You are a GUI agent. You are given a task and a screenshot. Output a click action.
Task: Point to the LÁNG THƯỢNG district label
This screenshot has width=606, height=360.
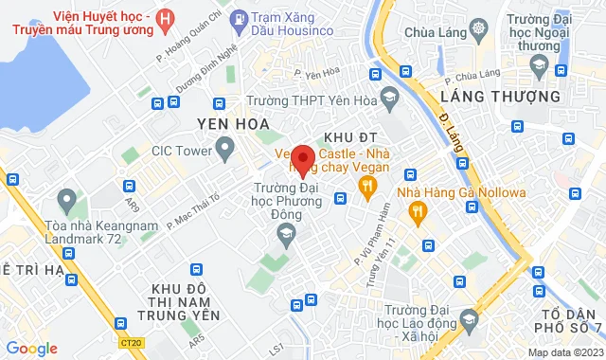point(488,97)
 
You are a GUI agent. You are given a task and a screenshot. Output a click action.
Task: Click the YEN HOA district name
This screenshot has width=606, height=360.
point(233,124)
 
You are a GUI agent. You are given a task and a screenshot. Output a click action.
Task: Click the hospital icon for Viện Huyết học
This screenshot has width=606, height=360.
point(167,18)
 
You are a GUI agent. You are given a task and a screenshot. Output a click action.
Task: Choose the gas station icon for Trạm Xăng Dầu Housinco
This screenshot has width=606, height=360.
point(241,17)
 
